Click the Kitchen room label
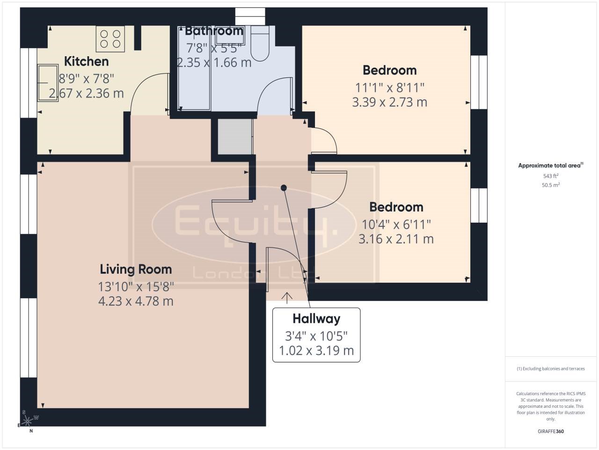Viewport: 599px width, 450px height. pyautogui.click(x=86, y=61)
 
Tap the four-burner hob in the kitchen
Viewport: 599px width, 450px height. pyautogui.click(x=110, y=39)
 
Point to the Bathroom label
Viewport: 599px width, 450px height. pyautogui.click(x=214, y=31)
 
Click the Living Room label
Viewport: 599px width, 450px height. pyautogui.click(x=136, y=269)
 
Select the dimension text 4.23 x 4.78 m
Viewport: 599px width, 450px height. pyautogui.click(x=136, y=301)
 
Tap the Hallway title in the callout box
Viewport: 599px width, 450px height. pyautogui.click(x=316, y=319)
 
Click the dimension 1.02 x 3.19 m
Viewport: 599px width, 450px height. pyautogui.click(x=316, y=351)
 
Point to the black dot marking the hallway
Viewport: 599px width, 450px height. pyautogui.click(x=283, y=188)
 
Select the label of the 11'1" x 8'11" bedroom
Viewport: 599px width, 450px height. pyautogui.click(x=389, y=70)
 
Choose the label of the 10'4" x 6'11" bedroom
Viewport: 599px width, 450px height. pyautogui.click(x=396, y=207)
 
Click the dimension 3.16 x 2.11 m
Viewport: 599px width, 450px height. pyautogui.click(x=396, y=239)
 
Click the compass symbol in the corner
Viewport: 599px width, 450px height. pyautogui.click(x=28, y=420)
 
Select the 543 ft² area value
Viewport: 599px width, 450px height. pyautogui.click(x=551, y=176)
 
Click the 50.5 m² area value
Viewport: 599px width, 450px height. pyautogui.click(x=551, y=185)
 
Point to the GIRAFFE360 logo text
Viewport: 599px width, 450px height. pyautogui.click(x=551, y=431)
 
